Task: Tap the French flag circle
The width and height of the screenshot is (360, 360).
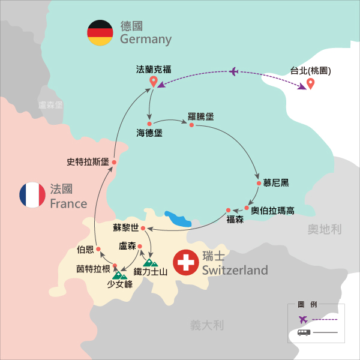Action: click(32, 196)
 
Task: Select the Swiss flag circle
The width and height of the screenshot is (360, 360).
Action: click(185, 263)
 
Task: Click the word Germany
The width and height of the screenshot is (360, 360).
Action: click(146, 40)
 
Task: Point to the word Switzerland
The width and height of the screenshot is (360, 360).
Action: click(235, 271)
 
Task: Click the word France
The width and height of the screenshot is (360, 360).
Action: click(68, 203)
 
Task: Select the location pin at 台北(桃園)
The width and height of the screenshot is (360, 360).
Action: click(310, 84)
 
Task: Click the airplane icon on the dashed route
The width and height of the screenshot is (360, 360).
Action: click(234, 73)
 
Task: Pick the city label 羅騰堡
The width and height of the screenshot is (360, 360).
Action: click(202, 116)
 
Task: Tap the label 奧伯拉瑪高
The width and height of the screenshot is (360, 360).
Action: click(272, 210)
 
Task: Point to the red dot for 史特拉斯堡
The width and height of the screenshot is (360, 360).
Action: click(113, 162)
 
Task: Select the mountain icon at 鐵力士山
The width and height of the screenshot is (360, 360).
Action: click(151, 262)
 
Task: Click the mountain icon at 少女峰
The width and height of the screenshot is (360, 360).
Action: click(121, 275)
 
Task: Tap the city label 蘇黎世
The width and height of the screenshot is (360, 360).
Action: click(125, 228)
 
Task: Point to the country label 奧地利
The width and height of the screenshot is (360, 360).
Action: click(323, 229)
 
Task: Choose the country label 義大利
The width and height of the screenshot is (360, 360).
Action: click(207, 326)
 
